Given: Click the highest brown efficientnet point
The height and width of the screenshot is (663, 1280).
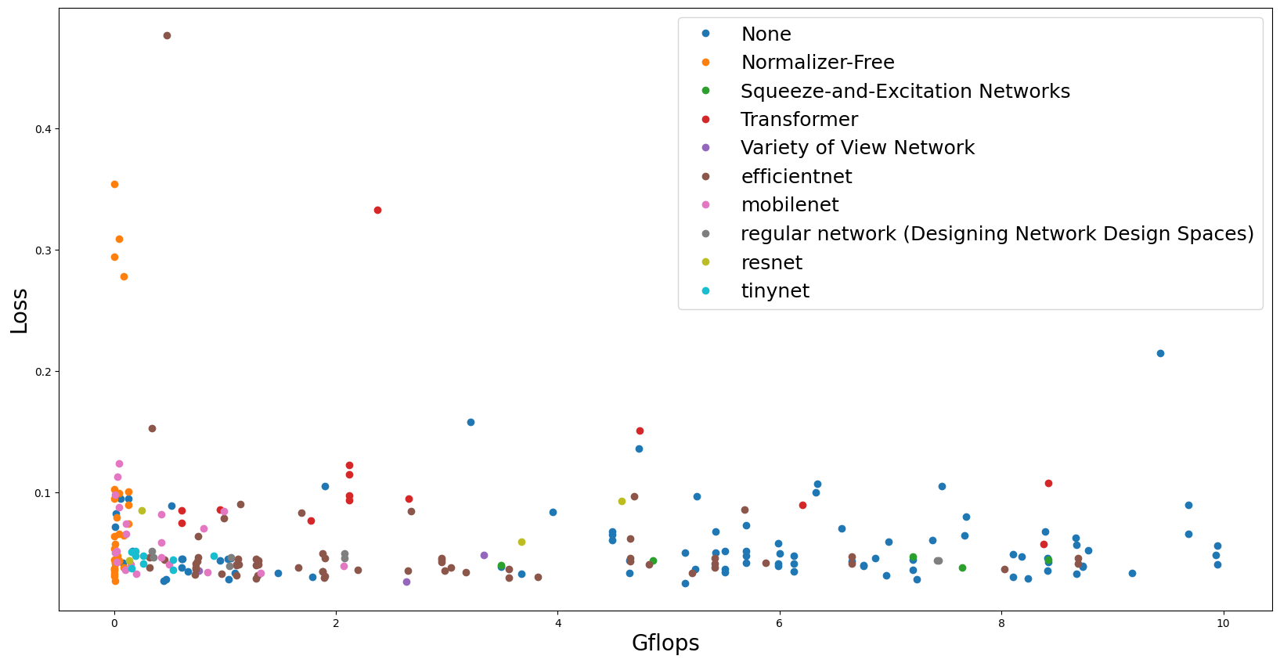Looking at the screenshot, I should (x=167, y=36).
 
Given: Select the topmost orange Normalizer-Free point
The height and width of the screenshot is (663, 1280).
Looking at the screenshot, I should (x=114, y=185).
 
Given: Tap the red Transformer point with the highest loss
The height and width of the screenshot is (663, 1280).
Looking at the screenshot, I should (x=377, y=211).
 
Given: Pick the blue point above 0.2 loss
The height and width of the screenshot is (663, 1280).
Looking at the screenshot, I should (x=1160, y=354).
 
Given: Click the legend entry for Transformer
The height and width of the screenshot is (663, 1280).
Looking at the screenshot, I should (x=799, y=120).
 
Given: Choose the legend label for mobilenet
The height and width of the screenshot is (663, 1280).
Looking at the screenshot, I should (x=789, y=205).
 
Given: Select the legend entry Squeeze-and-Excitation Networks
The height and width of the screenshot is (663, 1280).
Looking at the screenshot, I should (x=904, y=92).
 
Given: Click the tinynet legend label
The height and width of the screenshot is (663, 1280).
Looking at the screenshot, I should (x=774, y=291).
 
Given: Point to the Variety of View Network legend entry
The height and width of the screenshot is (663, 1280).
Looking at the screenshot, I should (x=856, y=148).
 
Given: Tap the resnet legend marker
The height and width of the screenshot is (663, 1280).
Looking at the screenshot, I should (x=705, y=262).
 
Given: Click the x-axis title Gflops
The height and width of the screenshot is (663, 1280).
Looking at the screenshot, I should (x=665, y=643).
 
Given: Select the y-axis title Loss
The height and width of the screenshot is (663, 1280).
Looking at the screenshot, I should (x=20, y=311).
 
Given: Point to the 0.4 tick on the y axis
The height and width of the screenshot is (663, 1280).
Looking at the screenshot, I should (x=44, y=129).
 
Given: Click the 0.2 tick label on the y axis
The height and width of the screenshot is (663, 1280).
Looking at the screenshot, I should (x=44, y=372).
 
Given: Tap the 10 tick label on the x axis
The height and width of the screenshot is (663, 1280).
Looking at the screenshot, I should (x=1223, y=624).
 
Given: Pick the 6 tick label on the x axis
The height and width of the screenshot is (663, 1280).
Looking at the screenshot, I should (x=780, y=624).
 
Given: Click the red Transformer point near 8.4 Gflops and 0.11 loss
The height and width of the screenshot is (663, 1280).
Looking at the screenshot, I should (x=1048, y=484).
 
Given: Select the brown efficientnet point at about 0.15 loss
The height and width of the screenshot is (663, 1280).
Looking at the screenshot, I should (x=152, y=429).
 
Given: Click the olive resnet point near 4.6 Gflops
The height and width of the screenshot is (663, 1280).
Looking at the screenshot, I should (x=622, y=502).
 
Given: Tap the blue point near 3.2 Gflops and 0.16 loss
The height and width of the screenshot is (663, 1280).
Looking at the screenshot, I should (x=471, y=423).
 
